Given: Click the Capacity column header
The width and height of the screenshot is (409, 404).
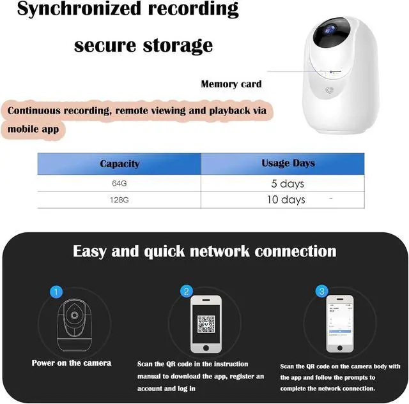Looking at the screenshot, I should click(120, 164).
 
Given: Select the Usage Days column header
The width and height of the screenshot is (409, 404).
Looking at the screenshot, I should click(288, 163).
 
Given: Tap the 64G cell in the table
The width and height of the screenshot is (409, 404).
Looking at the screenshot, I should click(120, 184).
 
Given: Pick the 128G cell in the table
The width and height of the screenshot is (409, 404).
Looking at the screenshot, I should click(120, 200).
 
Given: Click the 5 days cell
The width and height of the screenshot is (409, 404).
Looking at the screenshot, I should click(288, 184).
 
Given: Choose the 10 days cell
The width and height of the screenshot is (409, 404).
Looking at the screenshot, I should click(286, 200).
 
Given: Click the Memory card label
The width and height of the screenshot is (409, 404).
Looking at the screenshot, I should click(231, 84).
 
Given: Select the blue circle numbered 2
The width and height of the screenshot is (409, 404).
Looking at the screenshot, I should click(187, 292).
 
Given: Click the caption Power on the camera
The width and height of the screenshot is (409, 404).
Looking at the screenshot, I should click(72, 363).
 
